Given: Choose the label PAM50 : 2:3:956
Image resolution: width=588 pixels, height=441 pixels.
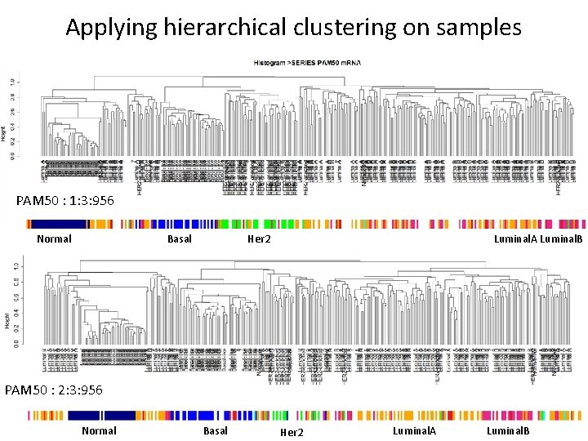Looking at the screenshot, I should [54, 390].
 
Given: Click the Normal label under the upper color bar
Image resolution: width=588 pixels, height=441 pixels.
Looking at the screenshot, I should [54, 239].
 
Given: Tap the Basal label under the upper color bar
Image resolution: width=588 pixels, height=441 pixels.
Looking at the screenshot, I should [179, 239].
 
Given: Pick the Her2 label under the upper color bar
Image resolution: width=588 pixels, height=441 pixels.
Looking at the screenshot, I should [259, 239].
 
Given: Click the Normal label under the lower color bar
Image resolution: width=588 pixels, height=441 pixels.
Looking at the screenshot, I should [99, 430].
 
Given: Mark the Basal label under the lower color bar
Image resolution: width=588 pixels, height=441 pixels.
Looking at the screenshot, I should [215, 430].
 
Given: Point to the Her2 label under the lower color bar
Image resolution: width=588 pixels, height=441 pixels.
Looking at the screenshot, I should [292, 432].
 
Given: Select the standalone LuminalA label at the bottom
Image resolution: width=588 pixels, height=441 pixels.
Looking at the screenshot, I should [414, 430].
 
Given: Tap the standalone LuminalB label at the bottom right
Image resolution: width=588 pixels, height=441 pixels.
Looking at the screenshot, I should [508, 430].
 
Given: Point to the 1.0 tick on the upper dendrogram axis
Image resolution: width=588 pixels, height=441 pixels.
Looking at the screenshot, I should [13, 82].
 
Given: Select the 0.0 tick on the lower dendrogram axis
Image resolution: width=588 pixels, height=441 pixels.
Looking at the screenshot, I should [13, 343].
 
